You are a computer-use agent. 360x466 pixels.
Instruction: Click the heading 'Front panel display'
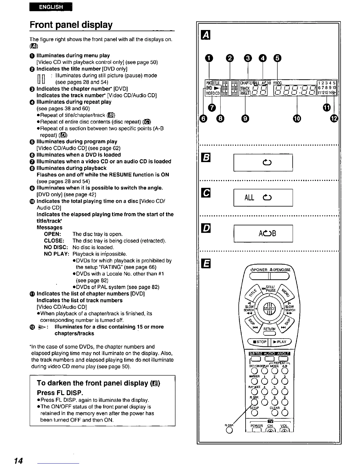click(71, 25)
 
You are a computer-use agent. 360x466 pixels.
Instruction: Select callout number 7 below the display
click(212, 108)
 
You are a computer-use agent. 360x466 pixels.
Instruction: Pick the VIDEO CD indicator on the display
click(213, 93)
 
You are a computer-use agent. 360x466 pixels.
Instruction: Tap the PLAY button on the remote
click(280, 342)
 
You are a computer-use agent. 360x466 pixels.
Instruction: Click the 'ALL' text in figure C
click(249, 198)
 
